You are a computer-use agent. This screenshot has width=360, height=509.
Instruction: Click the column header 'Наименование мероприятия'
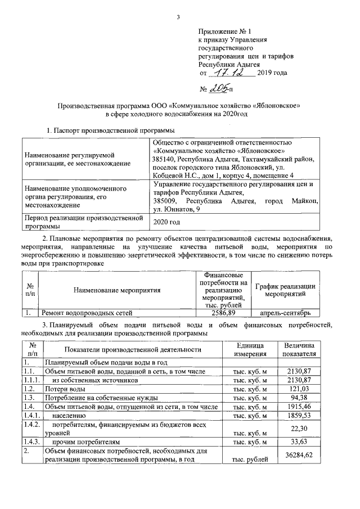tap(117, 290)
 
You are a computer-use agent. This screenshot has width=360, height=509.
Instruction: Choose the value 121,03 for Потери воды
tap(303, 389)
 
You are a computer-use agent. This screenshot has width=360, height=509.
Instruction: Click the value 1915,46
tap(302, 406)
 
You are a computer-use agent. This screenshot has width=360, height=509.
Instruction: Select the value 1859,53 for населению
tap(302, 415)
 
